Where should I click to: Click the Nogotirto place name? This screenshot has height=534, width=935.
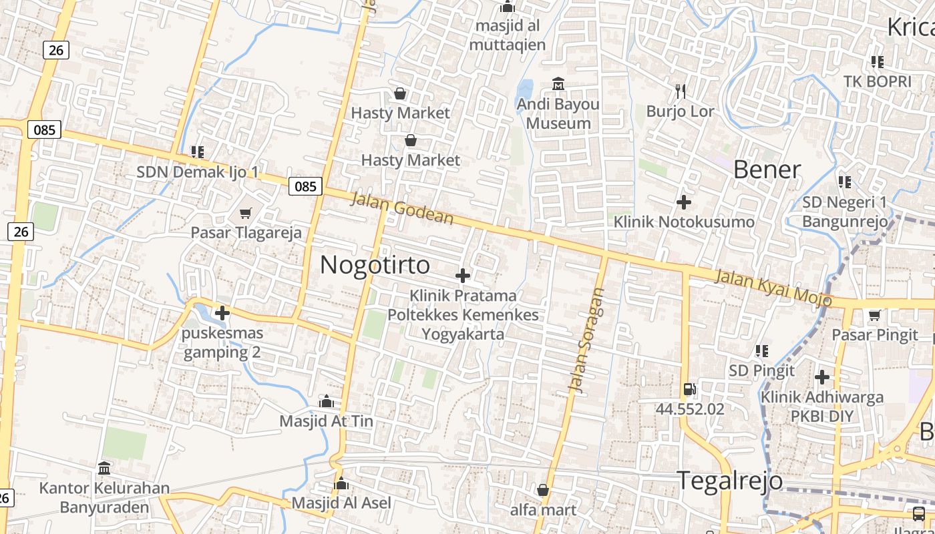375,265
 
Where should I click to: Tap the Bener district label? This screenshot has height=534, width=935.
767,170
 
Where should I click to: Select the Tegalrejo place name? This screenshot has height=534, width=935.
729,481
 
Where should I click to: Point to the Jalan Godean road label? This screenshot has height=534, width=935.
403,208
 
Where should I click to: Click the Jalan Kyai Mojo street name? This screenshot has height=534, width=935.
773,287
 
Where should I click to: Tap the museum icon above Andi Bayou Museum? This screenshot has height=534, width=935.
558,84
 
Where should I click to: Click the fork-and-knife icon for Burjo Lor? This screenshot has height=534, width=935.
681,91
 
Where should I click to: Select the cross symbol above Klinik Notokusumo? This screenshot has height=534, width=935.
683,202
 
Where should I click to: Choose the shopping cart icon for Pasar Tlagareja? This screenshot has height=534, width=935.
246,213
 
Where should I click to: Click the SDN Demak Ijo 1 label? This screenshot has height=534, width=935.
197,172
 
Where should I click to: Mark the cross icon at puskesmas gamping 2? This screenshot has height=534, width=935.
222,312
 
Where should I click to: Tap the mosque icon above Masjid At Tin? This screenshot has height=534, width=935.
326,401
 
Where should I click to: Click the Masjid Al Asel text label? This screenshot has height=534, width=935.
341,503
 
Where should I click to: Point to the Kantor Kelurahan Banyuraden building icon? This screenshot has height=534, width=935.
104,468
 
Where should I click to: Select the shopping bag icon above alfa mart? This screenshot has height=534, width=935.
543,490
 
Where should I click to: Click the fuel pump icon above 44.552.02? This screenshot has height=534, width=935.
689,388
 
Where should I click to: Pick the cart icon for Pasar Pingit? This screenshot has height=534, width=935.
874,314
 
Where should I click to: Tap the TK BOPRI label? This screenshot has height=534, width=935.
877,81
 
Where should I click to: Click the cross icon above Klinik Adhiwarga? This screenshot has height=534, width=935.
821,377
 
